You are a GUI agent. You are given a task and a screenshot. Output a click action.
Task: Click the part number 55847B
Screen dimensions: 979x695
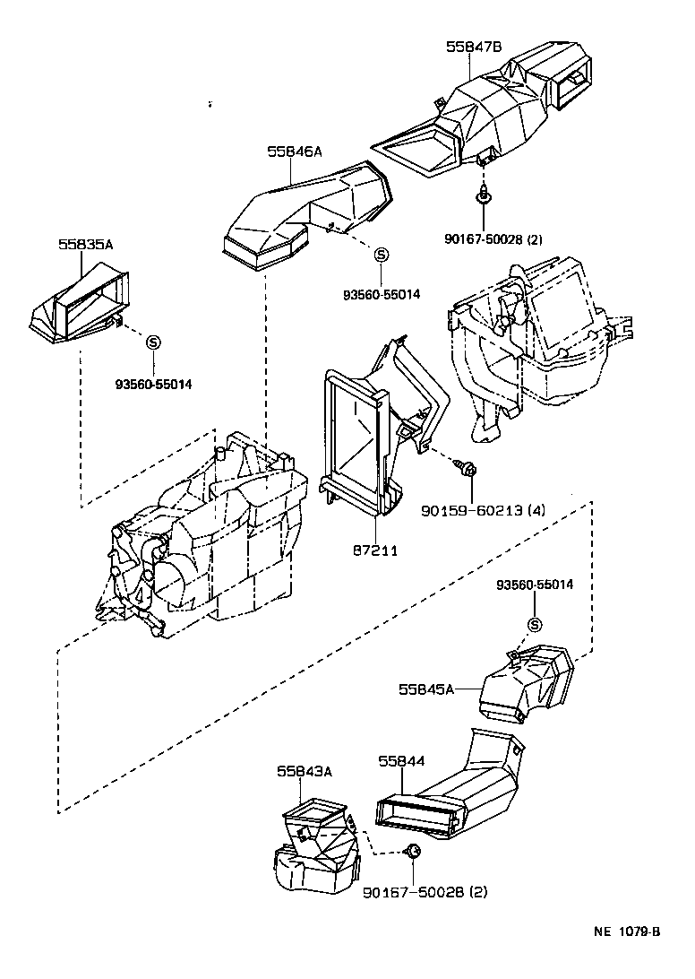tap(474, 47)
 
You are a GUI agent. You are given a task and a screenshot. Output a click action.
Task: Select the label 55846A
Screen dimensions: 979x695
tap(294, 152)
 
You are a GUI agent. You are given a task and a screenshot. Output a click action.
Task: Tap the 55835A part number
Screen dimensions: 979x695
tap(86, 244)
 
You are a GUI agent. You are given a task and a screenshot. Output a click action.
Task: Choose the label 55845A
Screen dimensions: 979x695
tap(427, 689)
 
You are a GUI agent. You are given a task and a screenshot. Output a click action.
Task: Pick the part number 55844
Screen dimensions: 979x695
tap(401, 760)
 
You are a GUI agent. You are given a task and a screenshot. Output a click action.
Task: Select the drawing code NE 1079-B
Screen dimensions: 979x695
tap(626, 931)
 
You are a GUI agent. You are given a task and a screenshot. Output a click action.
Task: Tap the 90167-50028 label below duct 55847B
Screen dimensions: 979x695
tap(493, 239)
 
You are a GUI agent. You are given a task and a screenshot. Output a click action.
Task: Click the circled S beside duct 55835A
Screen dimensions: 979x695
tap(153, 342)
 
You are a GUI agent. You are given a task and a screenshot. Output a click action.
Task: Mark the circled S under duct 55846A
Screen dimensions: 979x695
tap(380, 256)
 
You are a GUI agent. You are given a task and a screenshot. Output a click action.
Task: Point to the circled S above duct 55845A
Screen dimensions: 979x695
tap(535, 625)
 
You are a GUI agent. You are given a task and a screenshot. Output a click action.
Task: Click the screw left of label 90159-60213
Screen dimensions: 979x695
tap(466, 468)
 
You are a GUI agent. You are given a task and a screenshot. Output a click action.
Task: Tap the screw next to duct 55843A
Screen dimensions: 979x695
tap(413, 851)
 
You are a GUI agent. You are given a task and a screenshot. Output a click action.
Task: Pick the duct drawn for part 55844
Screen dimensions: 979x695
tap(448, 793)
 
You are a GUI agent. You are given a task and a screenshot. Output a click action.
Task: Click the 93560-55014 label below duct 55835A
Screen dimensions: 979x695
tap(153, 385)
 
